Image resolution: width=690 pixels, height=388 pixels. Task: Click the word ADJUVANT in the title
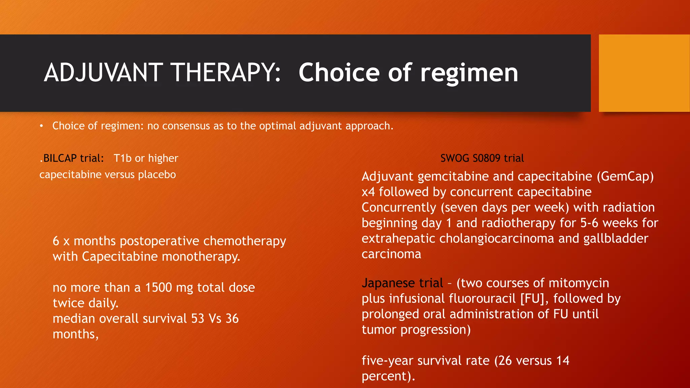[x=104, y=73]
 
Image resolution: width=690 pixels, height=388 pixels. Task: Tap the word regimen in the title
[x=469, y=73]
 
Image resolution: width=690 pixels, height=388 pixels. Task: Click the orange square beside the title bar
[x=644, y=73]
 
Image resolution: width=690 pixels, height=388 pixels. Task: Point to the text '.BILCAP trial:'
[x=72, y=158]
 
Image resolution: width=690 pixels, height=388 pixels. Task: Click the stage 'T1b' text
[x=122, y=158]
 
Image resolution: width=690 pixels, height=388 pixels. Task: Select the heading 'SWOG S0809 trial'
[x=482, y=158]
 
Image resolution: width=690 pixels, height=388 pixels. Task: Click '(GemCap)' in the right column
[x=625, y=176]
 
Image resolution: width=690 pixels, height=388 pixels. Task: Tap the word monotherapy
[x=201, y=257]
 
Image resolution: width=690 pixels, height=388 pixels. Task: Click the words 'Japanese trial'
[x=402, y=283]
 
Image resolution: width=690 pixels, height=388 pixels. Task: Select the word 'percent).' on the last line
[x=388, y=376]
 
